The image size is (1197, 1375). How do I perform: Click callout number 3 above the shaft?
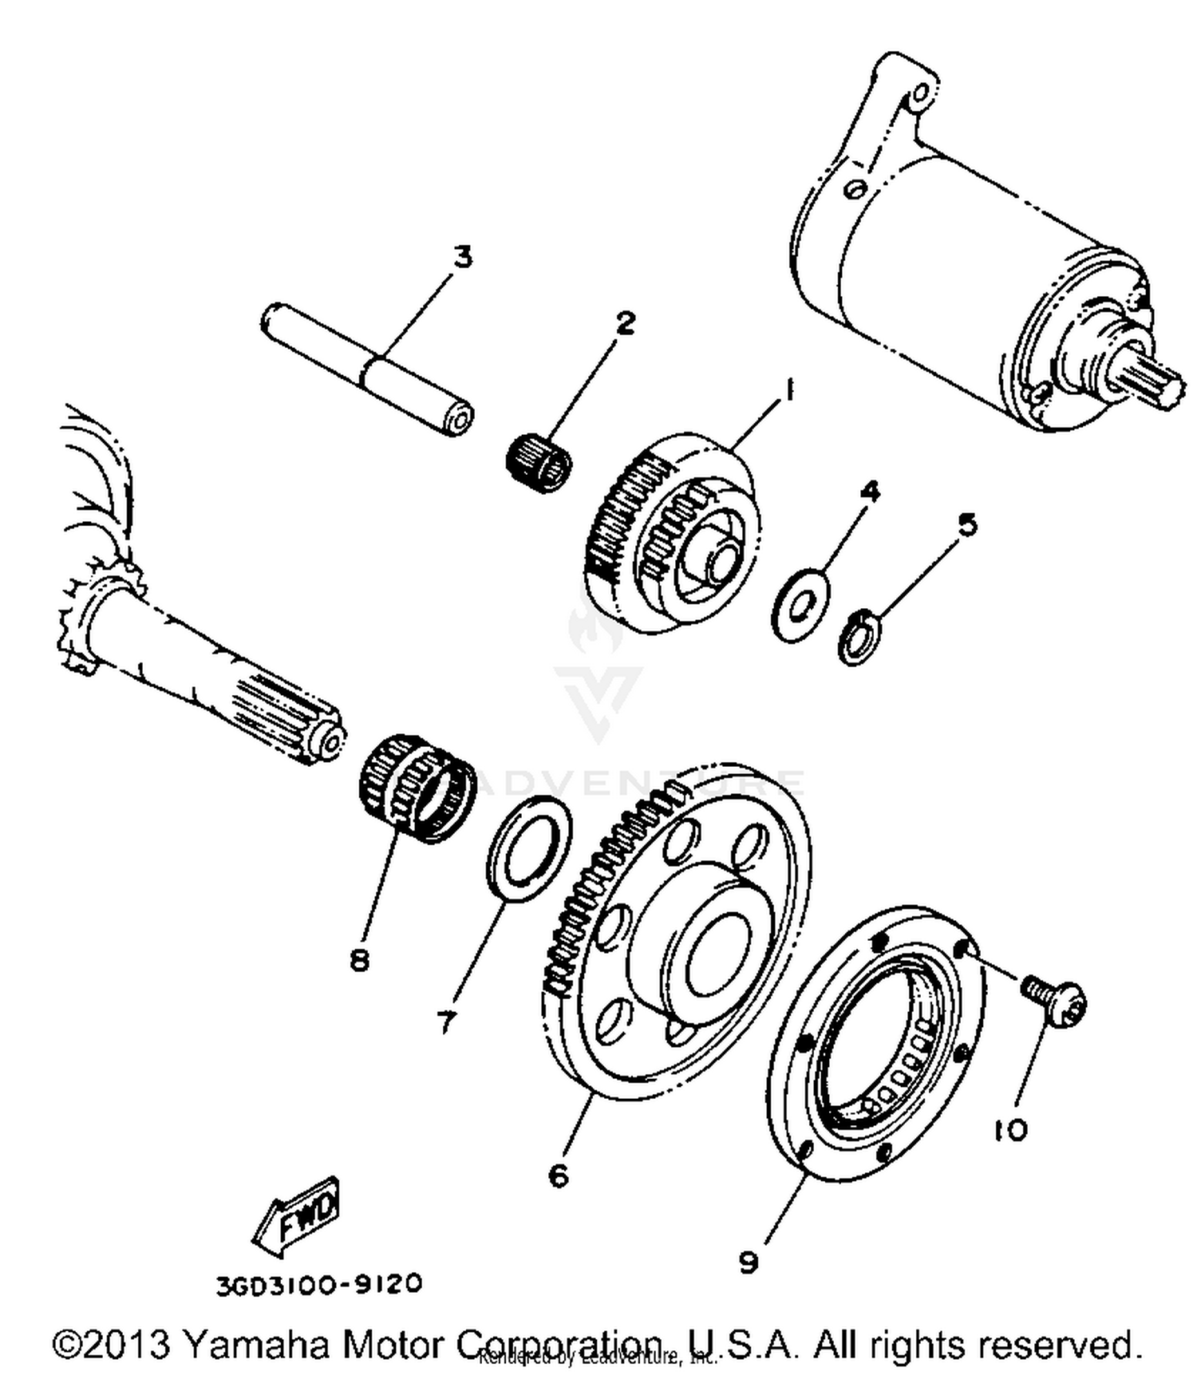click(x=463, y=257)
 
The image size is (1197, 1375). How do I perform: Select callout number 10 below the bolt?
click(x=1011, y=1129)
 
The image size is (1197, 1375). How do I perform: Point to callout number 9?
click(x=748, y=1262)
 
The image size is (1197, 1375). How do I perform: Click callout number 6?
click(x=559, y=1175)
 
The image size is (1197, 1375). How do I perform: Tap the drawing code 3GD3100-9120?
click(x=318, y=1284)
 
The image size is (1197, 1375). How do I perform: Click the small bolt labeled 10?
click(x=1055, y=1002)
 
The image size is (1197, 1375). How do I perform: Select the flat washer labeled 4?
click(x=800, y=606)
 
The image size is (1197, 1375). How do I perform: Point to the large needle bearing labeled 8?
click(x=415, y=788)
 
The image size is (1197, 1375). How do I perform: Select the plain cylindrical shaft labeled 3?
click(x=367, y=370)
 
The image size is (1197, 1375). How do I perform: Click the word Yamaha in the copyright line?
click(x=255, y=1345)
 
